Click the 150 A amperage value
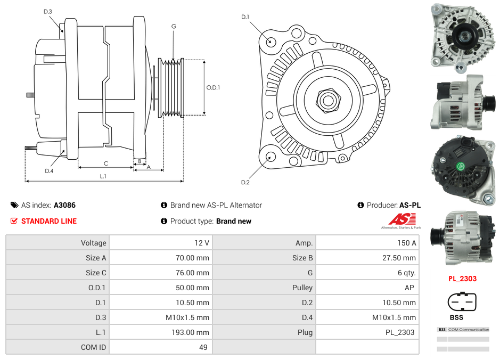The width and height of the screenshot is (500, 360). (406, 243)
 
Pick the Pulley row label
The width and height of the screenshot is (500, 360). (302, 288)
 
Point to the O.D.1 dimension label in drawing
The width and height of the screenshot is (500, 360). (213, 87)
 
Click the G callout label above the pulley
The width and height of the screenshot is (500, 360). (174, 26)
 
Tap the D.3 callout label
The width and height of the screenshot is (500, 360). (48, 11)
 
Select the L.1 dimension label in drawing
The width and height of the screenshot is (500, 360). (103, 176)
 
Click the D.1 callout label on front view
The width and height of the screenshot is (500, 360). (245, 17)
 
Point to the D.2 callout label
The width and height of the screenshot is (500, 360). (245, 183)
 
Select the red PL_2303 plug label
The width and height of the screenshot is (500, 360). (462, 279)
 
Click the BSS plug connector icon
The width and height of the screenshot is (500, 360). (458, 302)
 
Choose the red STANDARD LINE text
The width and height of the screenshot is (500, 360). (48, 221)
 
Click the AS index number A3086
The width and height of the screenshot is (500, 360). (65, 205)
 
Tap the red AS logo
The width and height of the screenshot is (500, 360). (402, 219)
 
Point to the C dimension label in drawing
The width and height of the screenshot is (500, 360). (106, 163)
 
